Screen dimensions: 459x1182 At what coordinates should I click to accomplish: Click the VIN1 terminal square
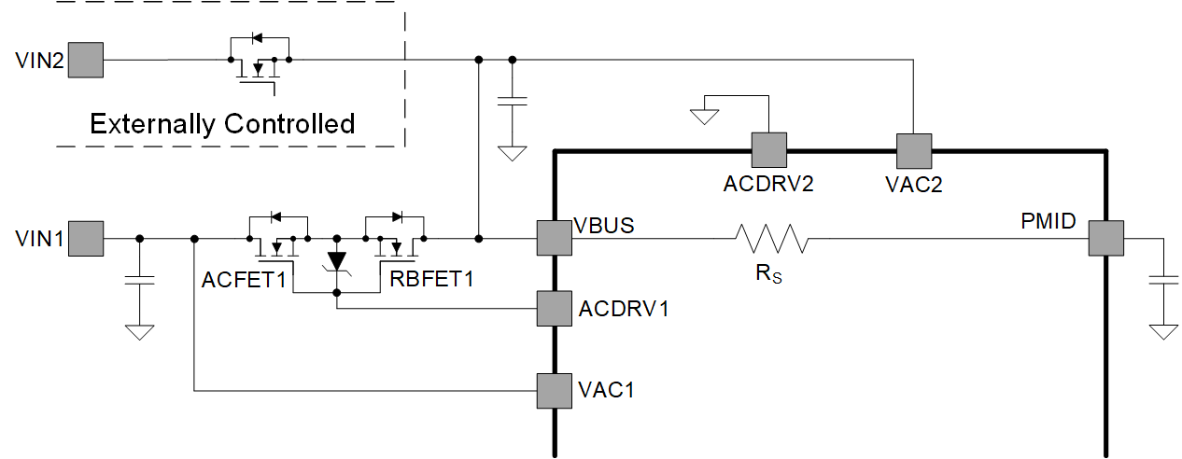(87, 239)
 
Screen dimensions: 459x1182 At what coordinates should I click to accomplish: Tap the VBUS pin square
(554, 238)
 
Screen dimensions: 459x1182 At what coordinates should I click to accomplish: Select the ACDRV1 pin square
(554, 308)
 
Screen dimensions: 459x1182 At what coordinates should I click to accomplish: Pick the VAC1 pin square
(554, 390)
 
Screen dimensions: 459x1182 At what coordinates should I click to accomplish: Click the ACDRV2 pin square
(768, 149)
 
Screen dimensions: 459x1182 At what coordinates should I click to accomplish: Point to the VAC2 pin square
(913, 149)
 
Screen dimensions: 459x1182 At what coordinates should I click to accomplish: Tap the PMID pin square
(1106, 238)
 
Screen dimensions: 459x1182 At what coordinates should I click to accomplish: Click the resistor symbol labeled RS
(772, 239)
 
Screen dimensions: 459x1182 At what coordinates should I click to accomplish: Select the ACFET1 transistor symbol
(277, 237)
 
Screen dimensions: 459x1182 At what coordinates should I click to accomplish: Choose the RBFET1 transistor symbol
(395, 237)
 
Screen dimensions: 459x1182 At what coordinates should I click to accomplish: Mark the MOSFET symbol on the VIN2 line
(259, 62)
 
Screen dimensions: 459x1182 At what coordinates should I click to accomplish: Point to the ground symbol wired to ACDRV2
(704, 116)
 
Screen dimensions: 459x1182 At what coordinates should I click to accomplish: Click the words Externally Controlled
(222, 123)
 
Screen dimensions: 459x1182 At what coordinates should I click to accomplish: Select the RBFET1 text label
(426, 278)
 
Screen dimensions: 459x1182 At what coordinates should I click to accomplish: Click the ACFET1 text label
(243, 278)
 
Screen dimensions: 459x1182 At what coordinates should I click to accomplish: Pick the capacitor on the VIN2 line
(512, 101)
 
